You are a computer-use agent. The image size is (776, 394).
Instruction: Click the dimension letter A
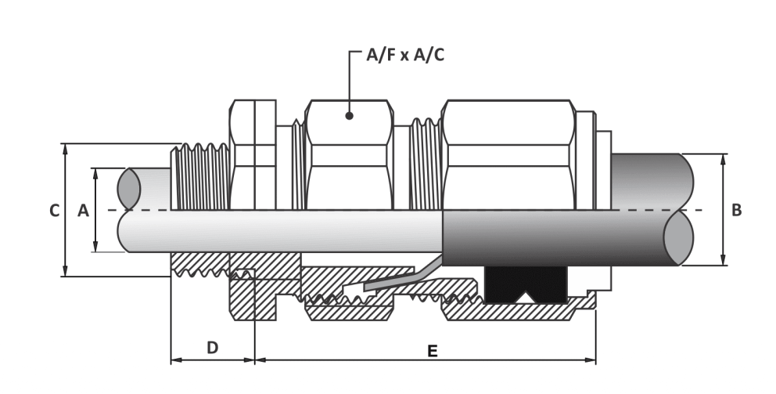click(83, 211)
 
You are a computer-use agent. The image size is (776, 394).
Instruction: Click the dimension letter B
click(736, 211)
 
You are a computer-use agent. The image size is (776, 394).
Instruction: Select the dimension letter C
click(55, 211)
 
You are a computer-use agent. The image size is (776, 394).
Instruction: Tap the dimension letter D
click(212, 348)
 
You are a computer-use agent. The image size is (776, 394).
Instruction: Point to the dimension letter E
click(432, 352)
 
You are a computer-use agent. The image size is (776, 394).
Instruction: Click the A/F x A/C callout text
click(405, 55)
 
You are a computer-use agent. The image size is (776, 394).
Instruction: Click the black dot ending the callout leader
click(350, 116)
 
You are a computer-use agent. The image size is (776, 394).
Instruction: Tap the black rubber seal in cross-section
click(526, 285)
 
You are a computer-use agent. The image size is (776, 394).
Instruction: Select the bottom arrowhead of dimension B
click(723, 260)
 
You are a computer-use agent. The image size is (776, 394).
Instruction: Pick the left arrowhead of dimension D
click(176, 360)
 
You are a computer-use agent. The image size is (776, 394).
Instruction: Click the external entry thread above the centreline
click(200, 177)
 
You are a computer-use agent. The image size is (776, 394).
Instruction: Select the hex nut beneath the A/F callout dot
click(350, 154)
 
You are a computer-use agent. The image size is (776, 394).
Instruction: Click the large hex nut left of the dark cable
click(508, 154)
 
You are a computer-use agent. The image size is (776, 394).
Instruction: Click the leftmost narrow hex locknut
click(253, 154)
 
